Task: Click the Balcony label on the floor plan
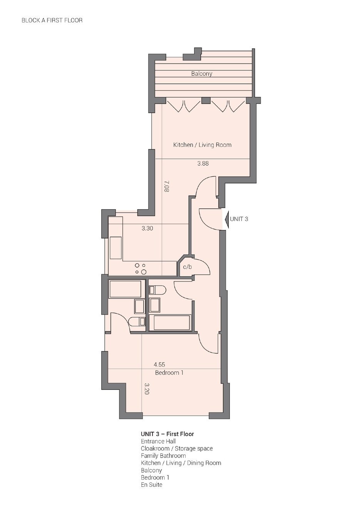[201, 74]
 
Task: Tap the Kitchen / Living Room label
[202, 145]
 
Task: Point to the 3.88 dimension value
[203, 163]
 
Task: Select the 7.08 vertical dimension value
[167, 186]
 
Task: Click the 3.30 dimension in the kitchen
[147, 228]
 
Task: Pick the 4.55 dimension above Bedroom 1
[159, 365]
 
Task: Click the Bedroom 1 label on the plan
[169, 373]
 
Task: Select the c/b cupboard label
[187, 267]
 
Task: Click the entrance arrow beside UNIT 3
[227, 219]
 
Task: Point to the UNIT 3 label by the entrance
[239, 219]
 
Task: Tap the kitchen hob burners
[141, 268]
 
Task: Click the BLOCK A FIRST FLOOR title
[52, 20]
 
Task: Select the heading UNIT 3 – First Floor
[167, 434]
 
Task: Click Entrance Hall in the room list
[158, 441]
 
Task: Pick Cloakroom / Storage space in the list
[177, 448]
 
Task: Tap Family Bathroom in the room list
[163, 456]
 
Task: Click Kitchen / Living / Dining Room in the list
[181, 463]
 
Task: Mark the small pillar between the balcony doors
[206, 100]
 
